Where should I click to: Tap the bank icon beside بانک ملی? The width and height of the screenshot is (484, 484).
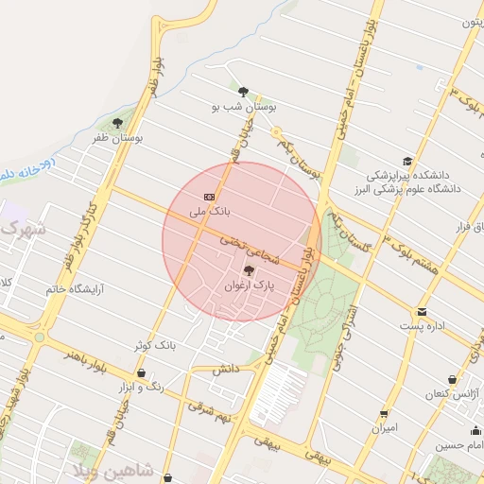tap(209, 196)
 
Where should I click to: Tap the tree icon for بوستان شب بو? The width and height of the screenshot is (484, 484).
tap(243, 92)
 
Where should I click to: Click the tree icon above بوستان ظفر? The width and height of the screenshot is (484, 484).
tap(117, 123)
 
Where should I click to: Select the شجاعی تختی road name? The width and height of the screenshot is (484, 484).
tap(244, 243)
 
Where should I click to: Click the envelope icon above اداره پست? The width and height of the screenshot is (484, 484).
tap(421, 311)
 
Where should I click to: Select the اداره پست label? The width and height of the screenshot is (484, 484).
tap(422, 326)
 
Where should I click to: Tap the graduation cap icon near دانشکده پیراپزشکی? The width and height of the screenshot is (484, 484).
tap(407, 161)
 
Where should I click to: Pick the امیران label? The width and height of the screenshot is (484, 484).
tap(384, 428)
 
